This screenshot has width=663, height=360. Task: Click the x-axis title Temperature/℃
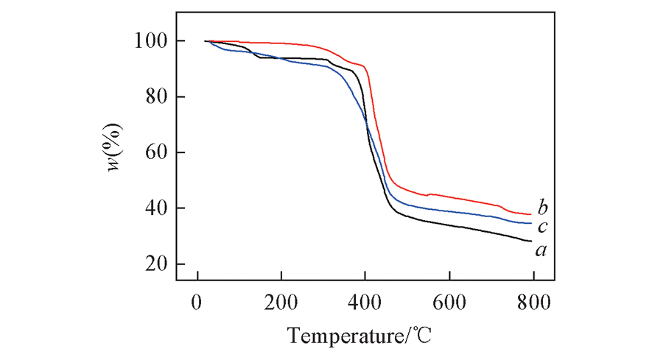coord(359,336)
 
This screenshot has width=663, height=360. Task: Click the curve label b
coord(542,206)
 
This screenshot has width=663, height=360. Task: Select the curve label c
coord(541,227)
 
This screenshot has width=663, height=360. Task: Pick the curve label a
coord(541,251)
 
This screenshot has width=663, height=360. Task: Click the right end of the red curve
coord(530,214)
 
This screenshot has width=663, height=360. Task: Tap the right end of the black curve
coord(530,241)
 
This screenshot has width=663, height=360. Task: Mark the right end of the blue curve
coord(530,223)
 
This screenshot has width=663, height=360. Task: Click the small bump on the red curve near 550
coord(429,194)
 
